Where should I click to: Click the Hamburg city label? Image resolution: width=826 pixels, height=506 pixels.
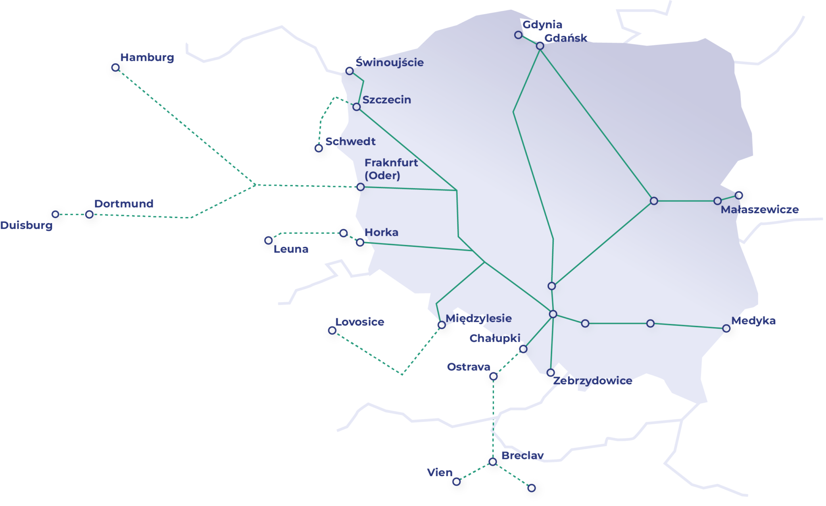147,58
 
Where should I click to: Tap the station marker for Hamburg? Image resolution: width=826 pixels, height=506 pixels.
116,68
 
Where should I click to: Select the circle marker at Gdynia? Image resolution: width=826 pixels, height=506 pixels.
518,35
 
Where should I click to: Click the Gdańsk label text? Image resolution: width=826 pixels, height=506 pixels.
565,38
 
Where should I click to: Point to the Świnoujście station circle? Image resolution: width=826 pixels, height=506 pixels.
350,71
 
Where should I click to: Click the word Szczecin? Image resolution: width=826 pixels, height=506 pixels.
387,100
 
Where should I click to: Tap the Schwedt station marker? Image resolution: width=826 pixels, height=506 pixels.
319,148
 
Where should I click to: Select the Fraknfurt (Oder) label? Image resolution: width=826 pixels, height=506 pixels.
391,169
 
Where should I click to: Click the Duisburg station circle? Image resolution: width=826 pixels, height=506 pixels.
56,214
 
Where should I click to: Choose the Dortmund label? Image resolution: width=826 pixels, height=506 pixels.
124,204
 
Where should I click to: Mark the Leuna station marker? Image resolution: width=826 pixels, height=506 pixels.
268,241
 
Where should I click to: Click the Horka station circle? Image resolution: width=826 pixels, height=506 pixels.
360,242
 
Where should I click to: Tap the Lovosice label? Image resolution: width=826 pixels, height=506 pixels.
360,322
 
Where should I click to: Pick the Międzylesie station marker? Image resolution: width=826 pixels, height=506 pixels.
442,325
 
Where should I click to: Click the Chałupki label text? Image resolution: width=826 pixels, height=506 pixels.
495,338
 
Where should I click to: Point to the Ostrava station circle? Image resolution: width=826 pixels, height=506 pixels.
493,376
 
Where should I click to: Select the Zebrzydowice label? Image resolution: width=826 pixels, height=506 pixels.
592,381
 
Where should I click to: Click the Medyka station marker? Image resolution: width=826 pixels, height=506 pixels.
726,328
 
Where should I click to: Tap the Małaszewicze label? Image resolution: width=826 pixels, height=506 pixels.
759,210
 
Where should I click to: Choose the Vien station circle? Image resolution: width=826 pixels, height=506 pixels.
457,482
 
